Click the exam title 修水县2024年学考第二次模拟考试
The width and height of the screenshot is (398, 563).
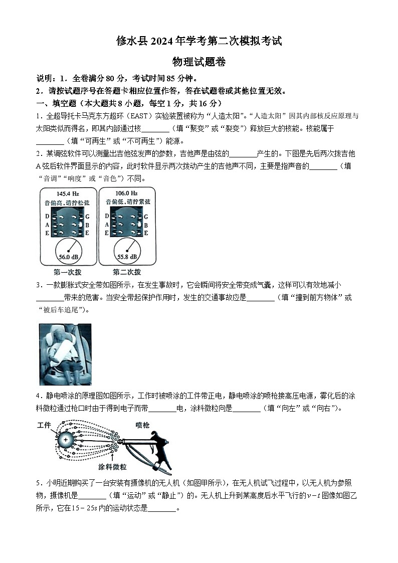(199, 41)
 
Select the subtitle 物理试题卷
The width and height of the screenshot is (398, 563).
(199, 62)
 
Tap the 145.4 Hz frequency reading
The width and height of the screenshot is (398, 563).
(68, 193)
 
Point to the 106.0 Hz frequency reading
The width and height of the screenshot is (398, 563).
(126, 193)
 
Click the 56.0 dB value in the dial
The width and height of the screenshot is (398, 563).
(67, 256)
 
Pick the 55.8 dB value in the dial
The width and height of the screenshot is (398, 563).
(126, 256)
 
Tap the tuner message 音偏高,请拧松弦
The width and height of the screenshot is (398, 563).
(67, 202)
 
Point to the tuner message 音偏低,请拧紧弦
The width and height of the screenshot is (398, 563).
(127, 202)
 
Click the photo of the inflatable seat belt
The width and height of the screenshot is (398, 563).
(65, 354)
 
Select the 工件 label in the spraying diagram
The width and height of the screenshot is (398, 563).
(44, 425)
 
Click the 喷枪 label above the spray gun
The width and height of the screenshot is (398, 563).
(142, 425)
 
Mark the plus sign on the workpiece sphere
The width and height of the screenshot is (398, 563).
(65, 440)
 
